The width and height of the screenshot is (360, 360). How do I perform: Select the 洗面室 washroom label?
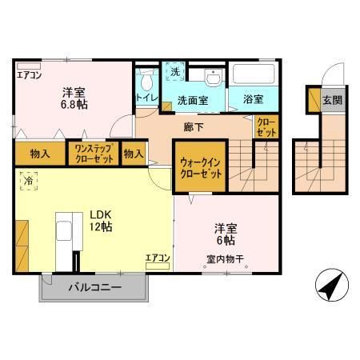click(193, 102)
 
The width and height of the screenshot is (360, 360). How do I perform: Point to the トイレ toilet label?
click(147, 98)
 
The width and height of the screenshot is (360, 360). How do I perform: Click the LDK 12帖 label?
click(101, 220)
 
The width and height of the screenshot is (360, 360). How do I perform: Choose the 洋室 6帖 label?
click(223, 233)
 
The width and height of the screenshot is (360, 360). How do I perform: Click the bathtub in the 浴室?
click(254, 76)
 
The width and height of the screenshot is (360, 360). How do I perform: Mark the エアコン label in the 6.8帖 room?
click(29, 75)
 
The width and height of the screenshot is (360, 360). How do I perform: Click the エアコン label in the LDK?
click(157, 258)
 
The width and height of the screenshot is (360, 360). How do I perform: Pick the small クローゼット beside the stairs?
click(266, 127)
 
